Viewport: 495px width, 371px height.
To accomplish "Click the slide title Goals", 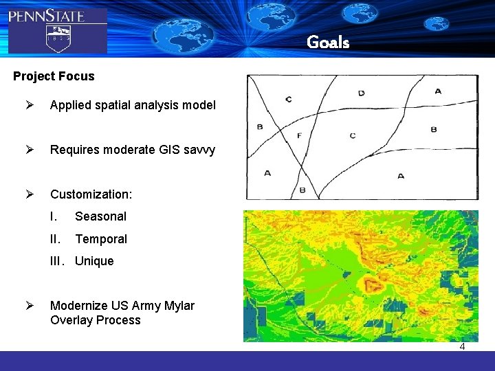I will (x=328, y=43).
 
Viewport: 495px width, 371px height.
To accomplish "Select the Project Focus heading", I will (x=54, y=76).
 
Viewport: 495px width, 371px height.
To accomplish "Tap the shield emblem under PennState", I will (x=58, y=37).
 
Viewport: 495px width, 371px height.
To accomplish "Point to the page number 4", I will (x=462, y=346).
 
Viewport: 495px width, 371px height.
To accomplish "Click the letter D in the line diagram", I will (x=362, y=93).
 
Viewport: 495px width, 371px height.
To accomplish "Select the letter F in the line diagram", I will (x=299, y=135).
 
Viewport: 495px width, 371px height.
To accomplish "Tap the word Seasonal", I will (x=100, y=216).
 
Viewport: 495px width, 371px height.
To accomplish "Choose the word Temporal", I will (x=100, y=239).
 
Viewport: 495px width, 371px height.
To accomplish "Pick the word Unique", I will (x=94, y=261).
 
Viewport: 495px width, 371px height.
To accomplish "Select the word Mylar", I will (x=178, y=306).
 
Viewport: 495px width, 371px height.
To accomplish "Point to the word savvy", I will (x=199, y=150).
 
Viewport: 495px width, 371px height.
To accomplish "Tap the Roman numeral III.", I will (x=57, y=261).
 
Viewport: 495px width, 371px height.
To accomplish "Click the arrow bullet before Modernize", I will (x=30, y=306).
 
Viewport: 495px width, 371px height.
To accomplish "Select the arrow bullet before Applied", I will (x=30, y=105).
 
